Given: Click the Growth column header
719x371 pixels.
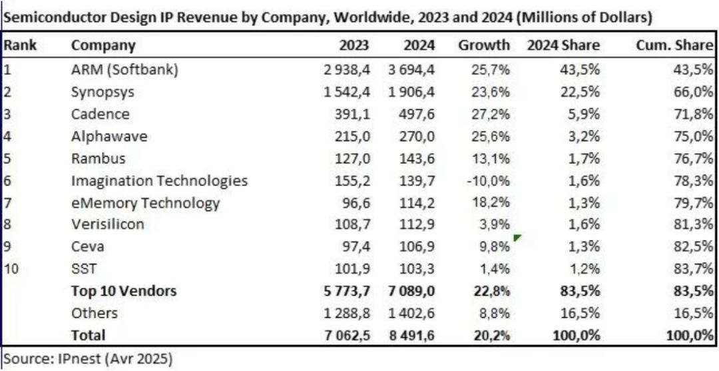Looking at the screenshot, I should (484, 46).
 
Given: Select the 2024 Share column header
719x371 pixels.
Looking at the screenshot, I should (563, 46).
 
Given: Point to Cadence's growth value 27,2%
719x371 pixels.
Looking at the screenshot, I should (491, 113).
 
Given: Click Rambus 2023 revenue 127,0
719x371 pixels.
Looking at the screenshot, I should (354, 158).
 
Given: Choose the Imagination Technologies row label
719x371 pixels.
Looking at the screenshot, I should (159, 181).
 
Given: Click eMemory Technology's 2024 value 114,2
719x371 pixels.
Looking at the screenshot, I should (416, 202).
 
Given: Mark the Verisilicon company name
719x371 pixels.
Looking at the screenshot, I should (107, 224).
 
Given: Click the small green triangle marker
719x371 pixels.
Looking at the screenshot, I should (517, 237).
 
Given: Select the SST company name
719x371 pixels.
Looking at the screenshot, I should (83, 268).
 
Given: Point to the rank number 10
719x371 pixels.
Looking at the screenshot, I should (12, 268).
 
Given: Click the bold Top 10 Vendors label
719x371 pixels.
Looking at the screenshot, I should (124, 290).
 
